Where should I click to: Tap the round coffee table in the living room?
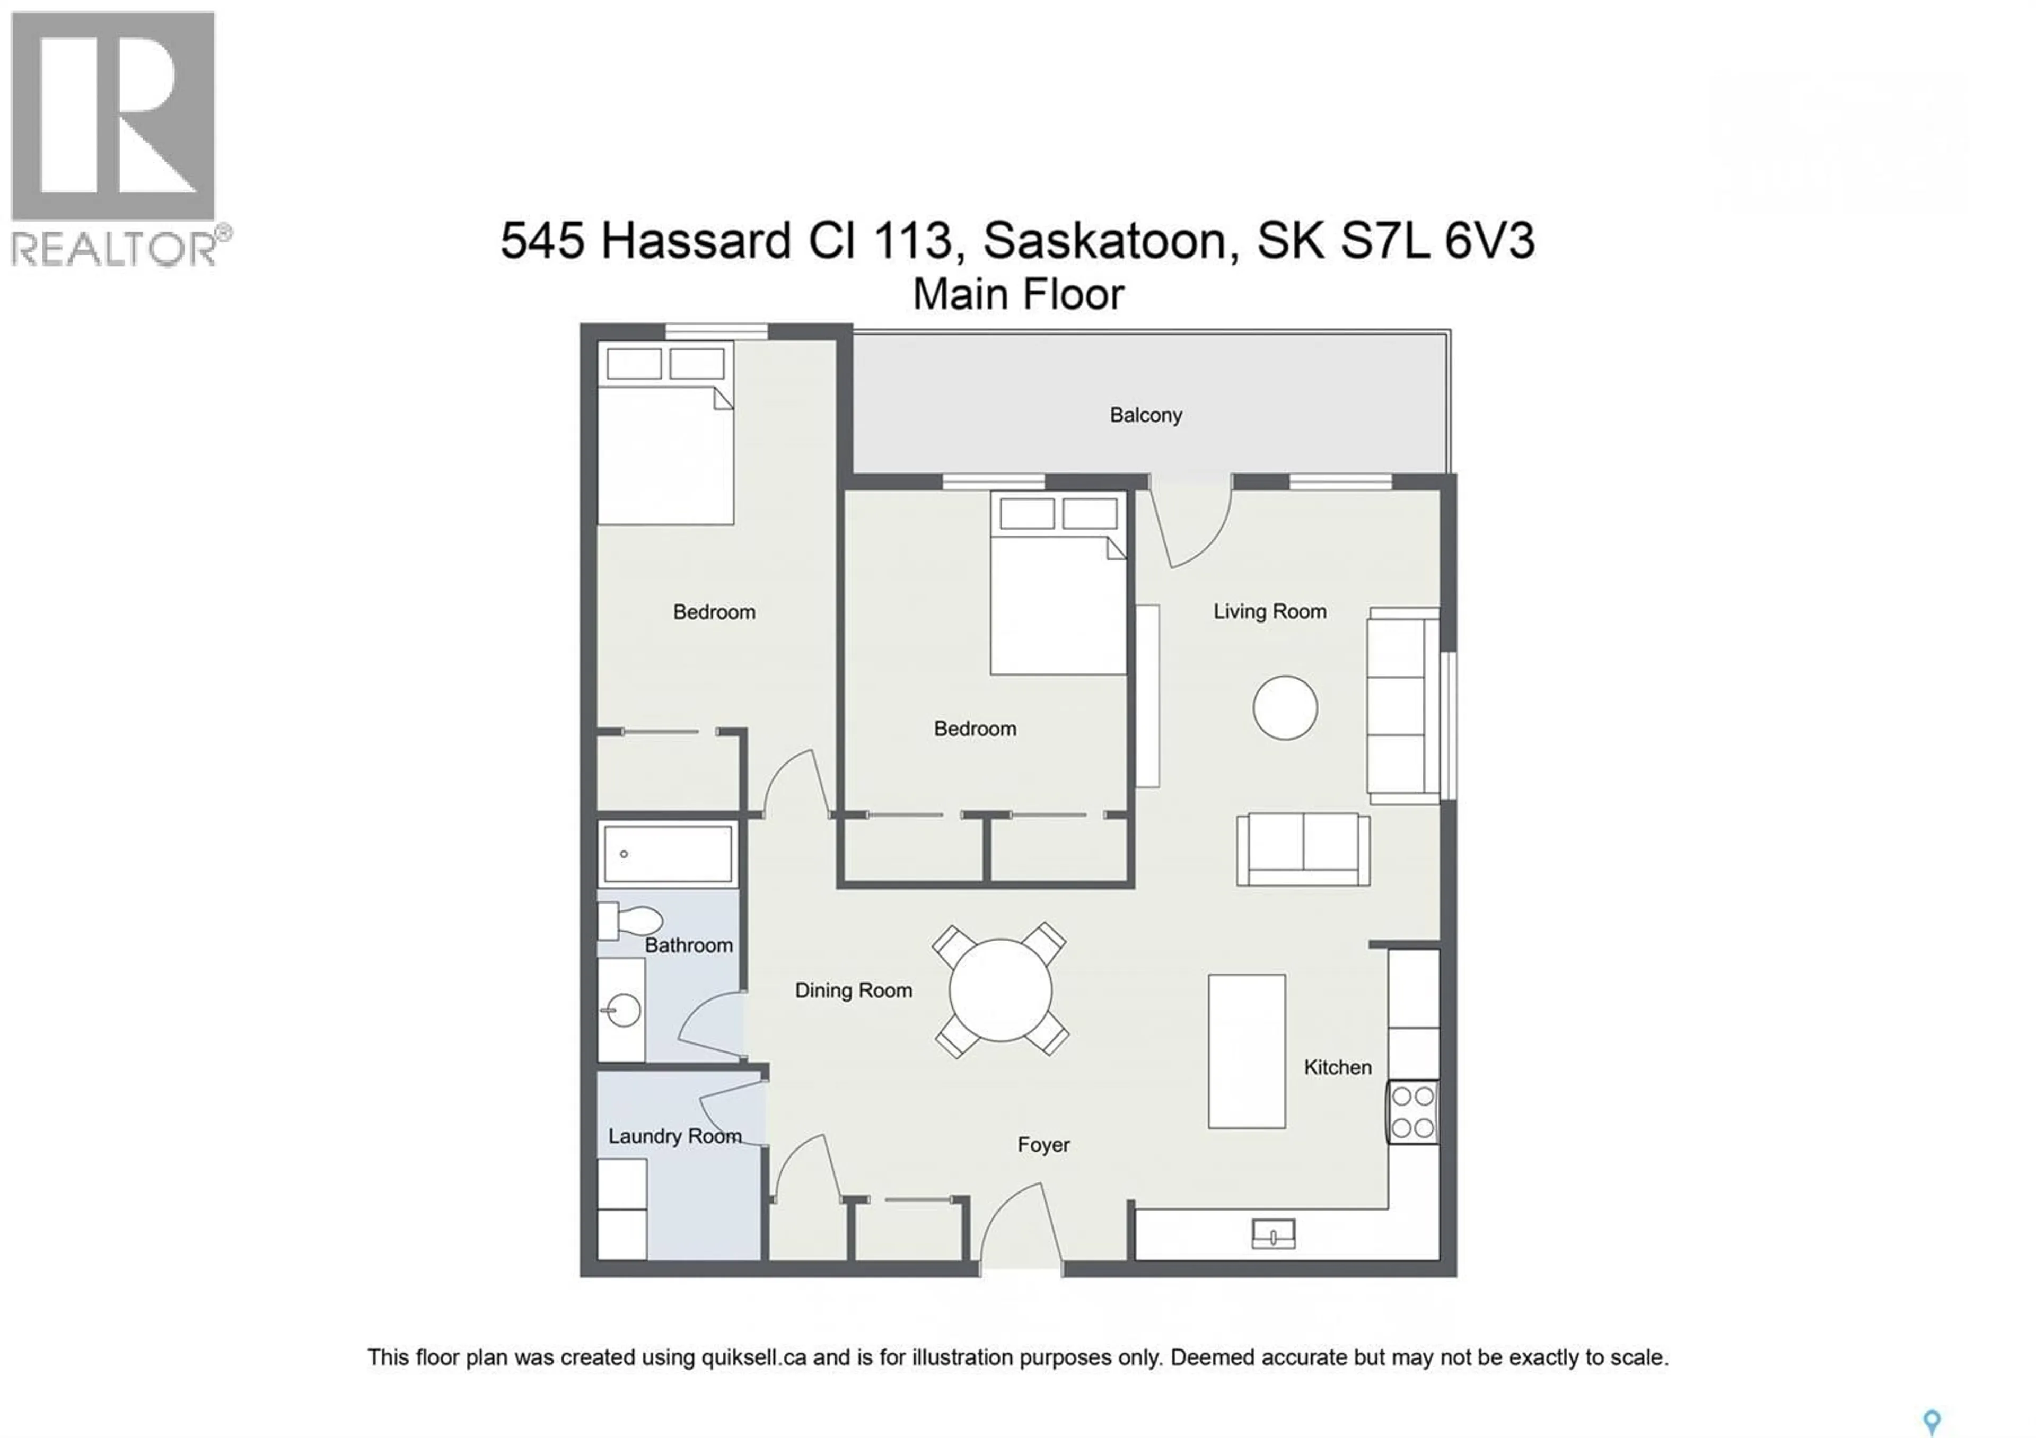(1284, 707)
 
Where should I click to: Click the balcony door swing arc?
(1192, 528)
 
